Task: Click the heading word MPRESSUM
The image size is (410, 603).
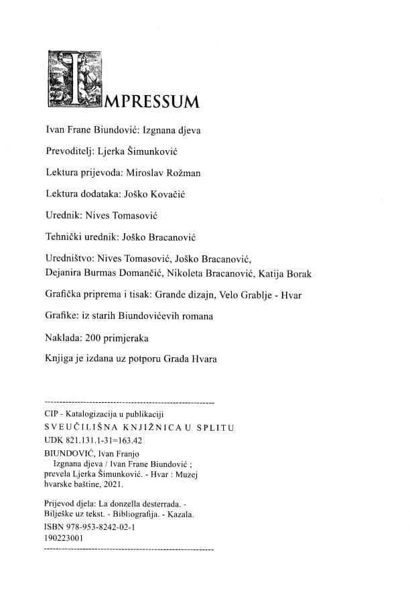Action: (x=152, y=102)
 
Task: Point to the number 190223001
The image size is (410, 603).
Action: (x=63, y=537)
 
